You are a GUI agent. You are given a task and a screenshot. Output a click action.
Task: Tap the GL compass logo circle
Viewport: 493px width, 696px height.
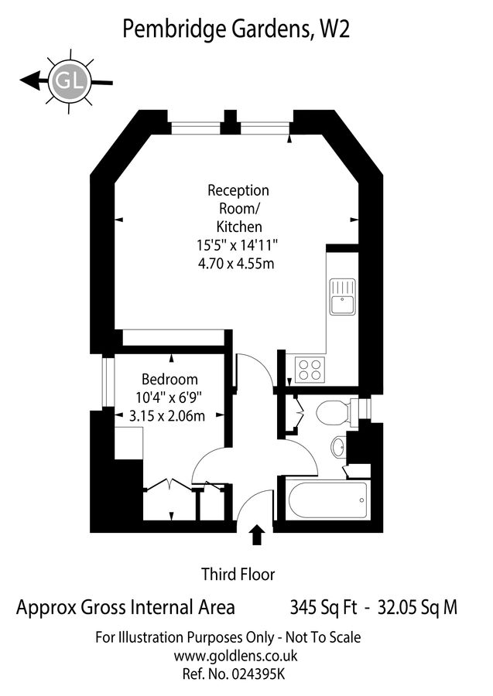point(69,78)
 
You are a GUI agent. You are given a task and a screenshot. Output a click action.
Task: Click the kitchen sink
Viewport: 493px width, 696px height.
point(341,297)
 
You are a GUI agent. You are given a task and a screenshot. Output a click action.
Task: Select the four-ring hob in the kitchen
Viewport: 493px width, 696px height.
point(310,370)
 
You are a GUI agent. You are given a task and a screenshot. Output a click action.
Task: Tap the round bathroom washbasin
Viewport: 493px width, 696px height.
point(339,447)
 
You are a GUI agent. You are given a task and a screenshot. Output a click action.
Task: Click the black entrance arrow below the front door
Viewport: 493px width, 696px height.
point(257,537)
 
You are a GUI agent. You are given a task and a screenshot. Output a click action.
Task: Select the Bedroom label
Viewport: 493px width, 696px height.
point(169,380)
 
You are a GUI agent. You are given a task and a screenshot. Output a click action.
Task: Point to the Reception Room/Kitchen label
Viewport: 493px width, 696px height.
point(238,208)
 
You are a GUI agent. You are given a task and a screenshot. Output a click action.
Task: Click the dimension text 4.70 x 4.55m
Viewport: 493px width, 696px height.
point(238,264)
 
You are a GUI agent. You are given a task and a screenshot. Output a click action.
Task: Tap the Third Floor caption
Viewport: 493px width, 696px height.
point(238,574)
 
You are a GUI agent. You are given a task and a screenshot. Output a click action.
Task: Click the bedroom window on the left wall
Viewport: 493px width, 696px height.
point(108,382)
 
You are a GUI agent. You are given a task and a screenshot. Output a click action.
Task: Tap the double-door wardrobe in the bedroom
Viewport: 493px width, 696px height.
point(169,501)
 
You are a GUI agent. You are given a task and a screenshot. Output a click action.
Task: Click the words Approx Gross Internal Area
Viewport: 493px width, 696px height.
point(125,608)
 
